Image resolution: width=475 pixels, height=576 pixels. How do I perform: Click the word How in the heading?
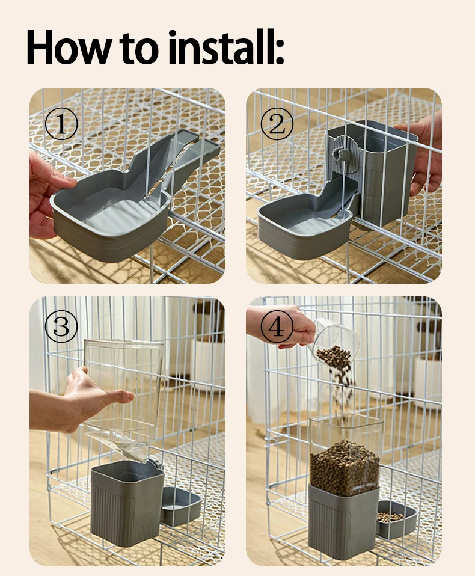click(68, 47)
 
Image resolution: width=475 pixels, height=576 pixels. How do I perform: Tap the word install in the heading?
click(218, 47)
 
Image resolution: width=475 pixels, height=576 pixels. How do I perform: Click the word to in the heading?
click(139, 49)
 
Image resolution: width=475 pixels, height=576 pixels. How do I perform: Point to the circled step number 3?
click(61, 326)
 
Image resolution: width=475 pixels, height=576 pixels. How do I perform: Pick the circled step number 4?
click(277, 326)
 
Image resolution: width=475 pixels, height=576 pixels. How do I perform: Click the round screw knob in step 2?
click(339, 153)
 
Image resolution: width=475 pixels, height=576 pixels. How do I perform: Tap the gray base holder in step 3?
click(127, 503)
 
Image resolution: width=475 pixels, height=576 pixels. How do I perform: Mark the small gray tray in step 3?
click(181, 506)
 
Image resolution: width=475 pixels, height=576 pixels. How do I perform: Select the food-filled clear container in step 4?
click(345, 456)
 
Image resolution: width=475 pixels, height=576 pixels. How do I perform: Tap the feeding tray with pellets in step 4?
click(396, 518)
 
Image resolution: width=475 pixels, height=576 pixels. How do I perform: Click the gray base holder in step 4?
click(344, 522)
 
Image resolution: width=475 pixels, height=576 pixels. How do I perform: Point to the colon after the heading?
click(280, 52)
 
